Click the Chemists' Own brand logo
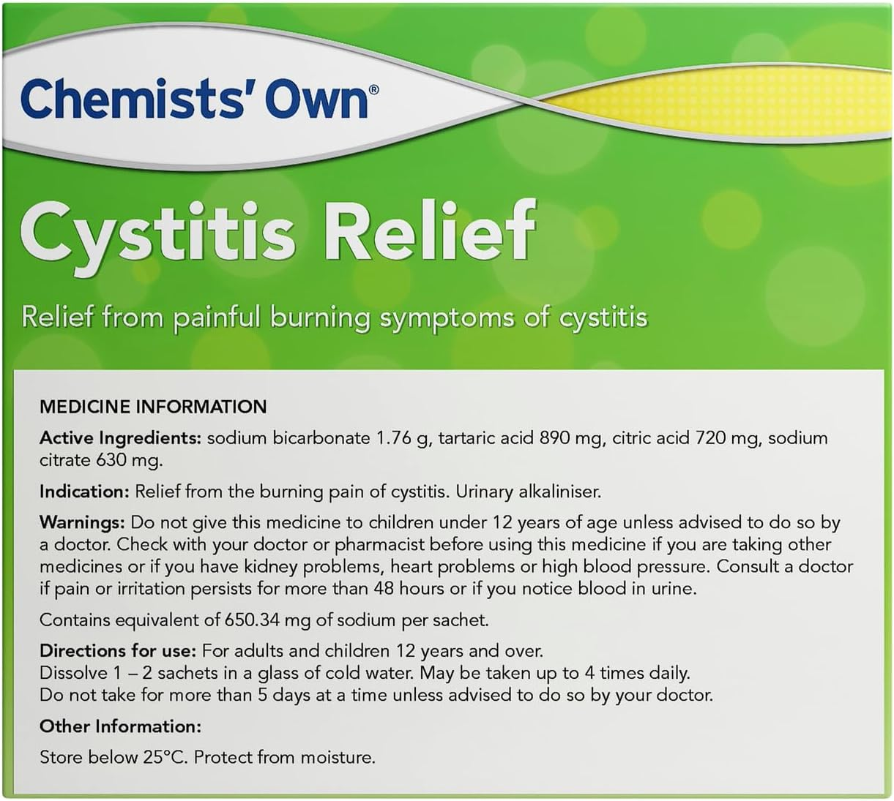pos(194,101)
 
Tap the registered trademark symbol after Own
pos(373,90)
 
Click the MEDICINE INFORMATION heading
pos(153,407)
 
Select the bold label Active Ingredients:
pos(120,438)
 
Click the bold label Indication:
pos(84,492)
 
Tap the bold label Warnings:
pos(82,523)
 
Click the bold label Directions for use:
pos(118,651)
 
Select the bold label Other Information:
pos(120,726)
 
